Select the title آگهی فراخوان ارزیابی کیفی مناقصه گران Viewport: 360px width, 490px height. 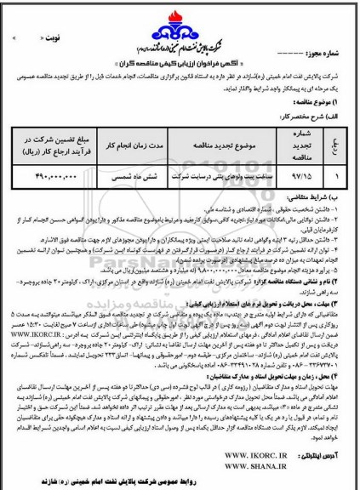[178, 66]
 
